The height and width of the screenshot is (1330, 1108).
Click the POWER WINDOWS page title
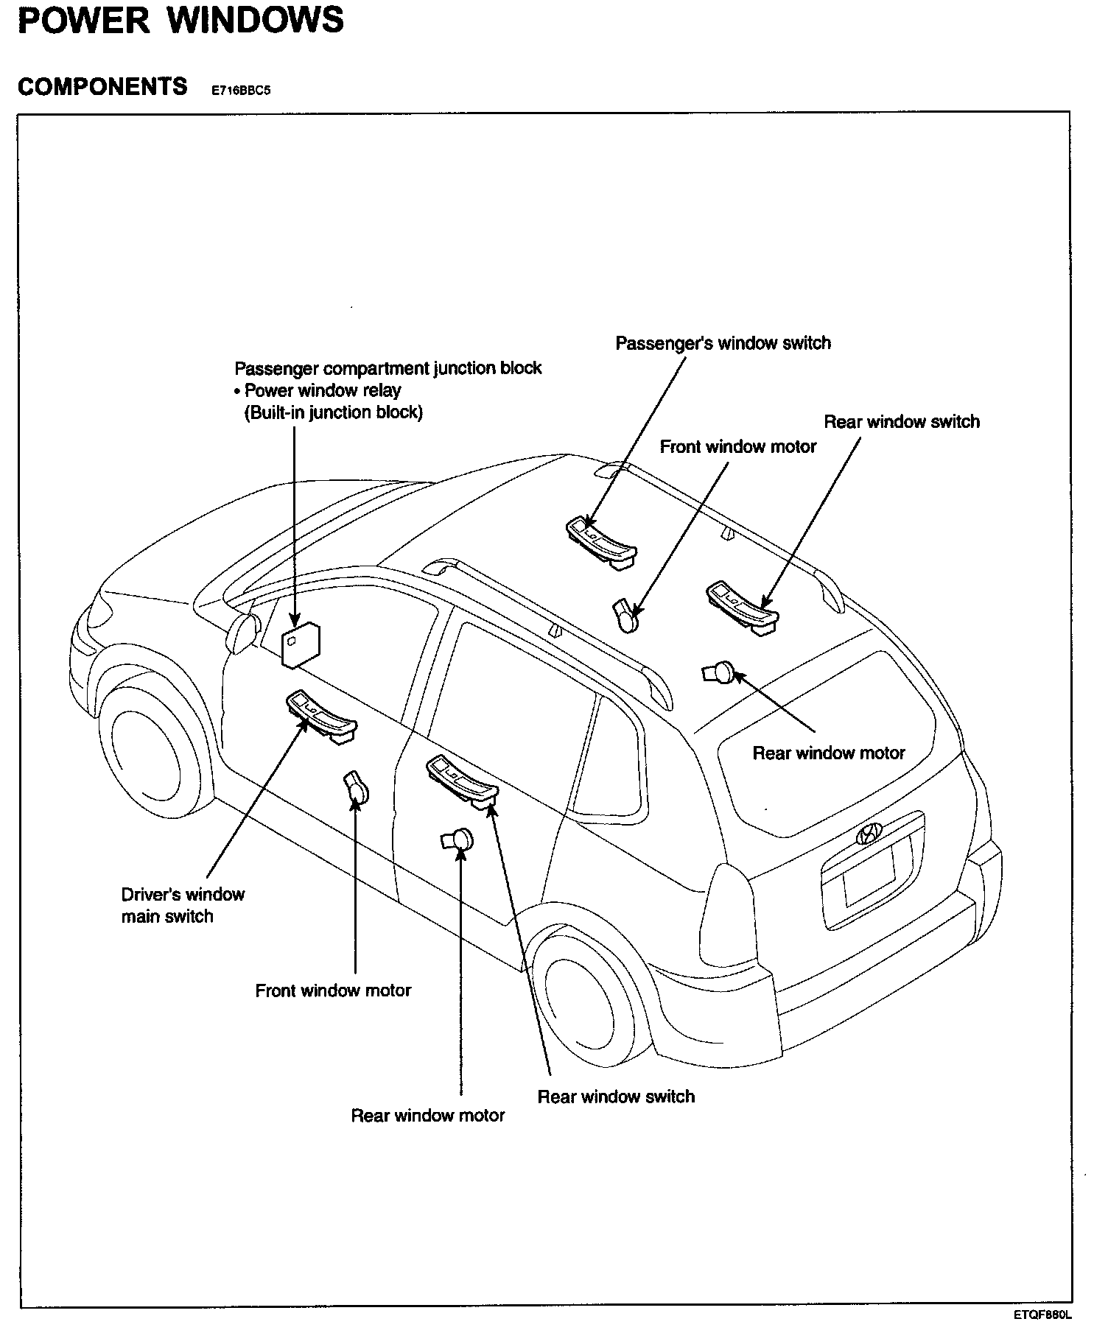pos(180,21)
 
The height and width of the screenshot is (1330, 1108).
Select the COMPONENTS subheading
pos(102,87)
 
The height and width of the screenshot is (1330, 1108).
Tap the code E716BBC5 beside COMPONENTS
pos(236,91)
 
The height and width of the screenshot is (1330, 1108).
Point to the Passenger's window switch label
pos(723,343)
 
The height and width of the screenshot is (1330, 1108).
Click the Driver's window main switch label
pos(182,905)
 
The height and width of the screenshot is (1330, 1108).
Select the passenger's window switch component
pos(600,539)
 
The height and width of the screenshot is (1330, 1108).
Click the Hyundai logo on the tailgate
pos(869,833)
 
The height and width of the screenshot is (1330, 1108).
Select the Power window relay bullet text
pos(322,390)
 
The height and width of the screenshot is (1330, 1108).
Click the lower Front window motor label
pos(333,991)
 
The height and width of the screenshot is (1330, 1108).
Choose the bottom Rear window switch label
pos(616,1097)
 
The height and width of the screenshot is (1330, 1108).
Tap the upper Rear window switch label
pos(902,422)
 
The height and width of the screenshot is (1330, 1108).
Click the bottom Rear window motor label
pos(427,1116)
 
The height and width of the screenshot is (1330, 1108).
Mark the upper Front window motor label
pos(737,447)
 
